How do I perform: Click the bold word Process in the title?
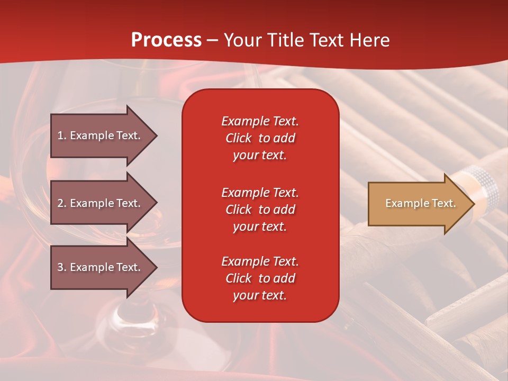[x=166, y=40]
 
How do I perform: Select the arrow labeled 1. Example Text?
[x=101, y=135]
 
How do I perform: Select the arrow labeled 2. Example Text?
[x=101, y=203]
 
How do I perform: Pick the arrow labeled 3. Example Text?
[x=101, y=267]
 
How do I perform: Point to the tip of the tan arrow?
[x=474, y=204]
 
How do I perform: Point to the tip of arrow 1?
[x=156, y=135]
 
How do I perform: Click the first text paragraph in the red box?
[x=260, y=138]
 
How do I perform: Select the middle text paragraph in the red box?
[x=260, y=210]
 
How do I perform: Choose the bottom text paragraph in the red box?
[x=260, y=278]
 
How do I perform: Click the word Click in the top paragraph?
[x=239, y=138]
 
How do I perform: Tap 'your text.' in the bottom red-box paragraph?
[x=260, y=295]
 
